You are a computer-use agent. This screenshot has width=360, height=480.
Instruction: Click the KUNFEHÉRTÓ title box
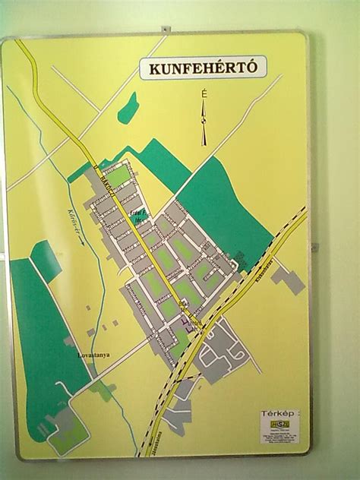coord(204,69)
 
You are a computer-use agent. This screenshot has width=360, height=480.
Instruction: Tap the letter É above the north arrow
coord(204,93)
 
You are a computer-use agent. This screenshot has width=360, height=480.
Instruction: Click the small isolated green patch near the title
coord(128,108)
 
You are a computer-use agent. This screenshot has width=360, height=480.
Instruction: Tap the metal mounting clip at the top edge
coord(165,29)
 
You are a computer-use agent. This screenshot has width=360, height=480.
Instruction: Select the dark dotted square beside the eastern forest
coord(240,256)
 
